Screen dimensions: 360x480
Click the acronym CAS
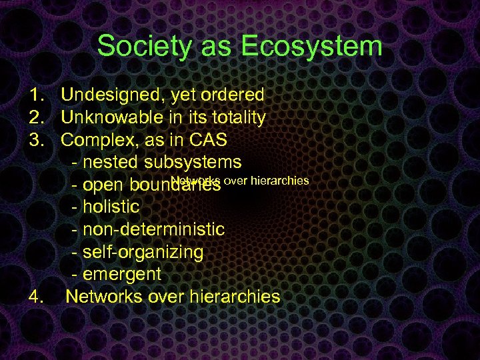coord(207,141)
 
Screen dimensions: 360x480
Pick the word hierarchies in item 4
coord(233,297)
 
